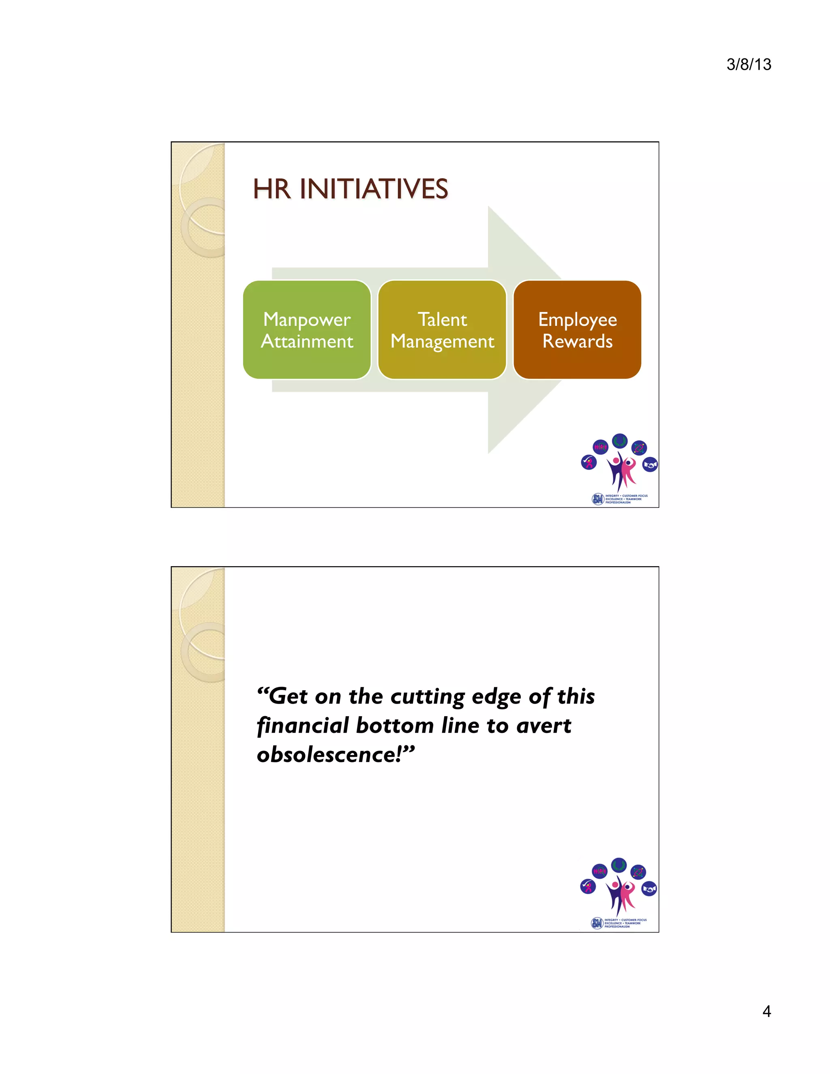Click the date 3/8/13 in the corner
click(x=749, y=64)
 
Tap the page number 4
click(x=766, y=1011)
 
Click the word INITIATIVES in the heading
click(x=374, y=189)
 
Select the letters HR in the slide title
click(x=272, y=189)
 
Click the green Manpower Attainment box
click(x=307, y=329)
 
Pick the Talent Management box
click(x=442, y=329)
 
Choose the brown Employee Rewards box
click(x=577, y=329)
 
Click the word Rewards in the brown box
click(x=577, y=341)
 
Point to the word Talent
click(x=442, y=320)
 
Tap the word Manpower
click(x=307, y=320)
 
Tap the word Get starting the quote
click(x=289, y=697)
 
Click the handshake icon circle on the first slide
click(x=650, y=464)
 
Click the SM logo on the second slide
click(x=597, y=923)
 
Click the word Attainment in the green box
click(x=307, y=341)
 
